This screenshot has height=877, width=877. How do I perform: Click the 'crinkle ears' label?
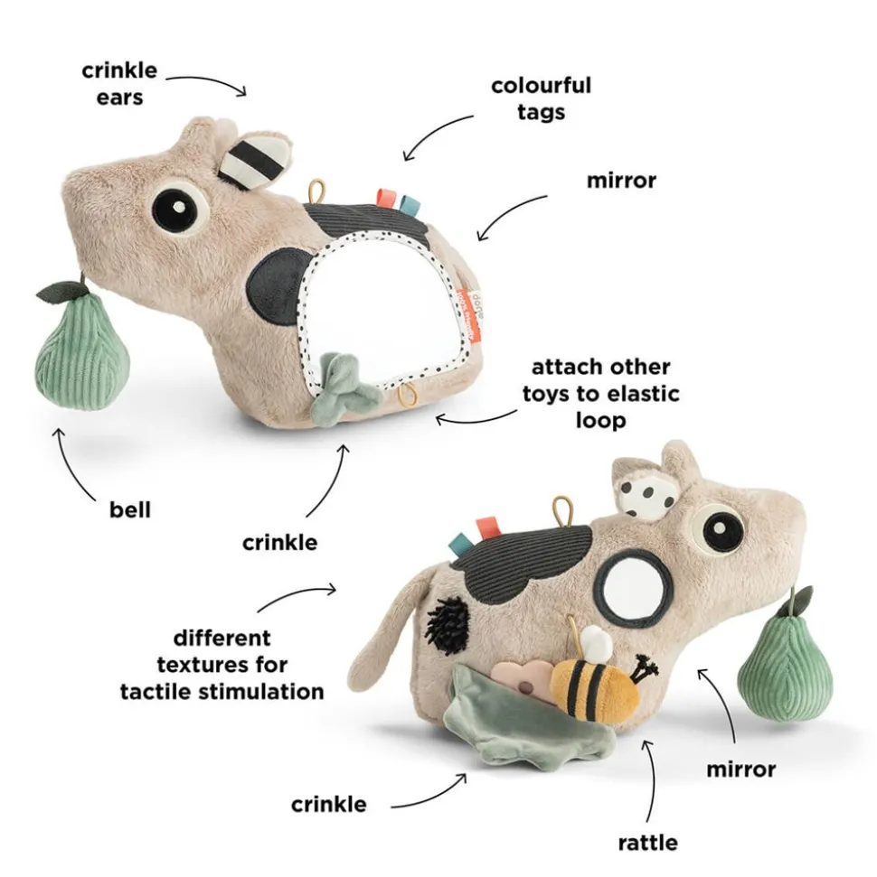pos(119,84)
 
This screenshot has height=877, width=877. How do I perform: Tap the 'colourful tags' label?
pos(541,98)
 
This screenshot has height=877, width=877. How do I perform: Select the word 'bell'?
pos(130,509)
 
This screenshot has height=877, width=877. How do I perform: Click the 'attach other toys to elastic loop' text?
pos(601,394)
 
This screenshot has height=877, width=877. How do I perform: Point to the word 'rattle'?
pos(648,843)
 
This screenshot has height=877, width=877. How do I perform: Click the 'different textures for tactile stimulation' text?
pos(222,665)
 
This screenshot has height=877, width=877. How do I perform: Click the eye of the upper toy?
pos(177,208)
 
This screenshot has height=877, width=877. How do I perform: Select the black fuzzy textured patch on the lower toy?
pos(447,623)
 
